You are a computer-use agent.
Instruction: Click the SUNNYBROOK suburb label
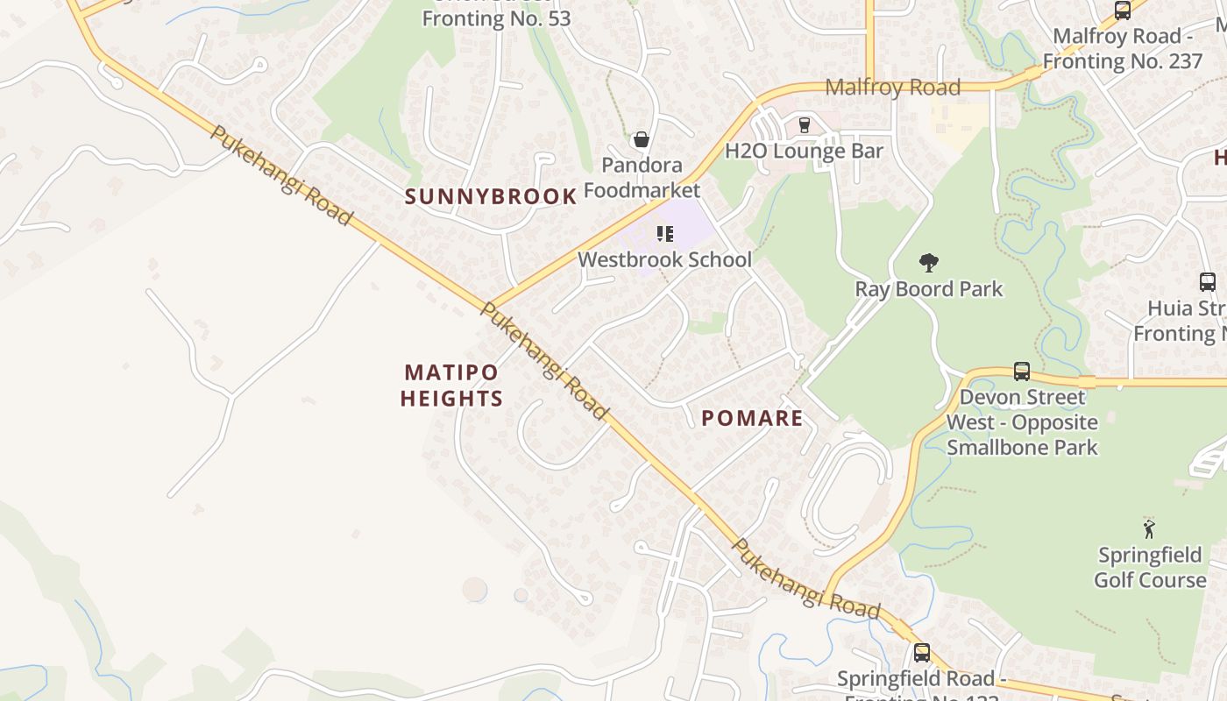(491, 197)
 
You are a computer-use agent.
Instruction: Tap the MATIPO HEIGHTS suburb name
(451, 386)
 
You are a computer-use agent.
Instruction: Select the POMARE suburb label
(752, 418)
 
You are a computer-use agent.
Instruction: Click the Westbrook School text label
(664, 259)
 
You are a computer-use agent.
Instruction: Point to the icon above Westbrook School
(665, 234)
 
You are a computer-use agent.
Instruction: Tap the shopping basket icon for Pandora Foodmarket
(642, 139)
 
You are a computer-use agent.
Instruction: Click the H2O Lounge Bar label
(804, 151)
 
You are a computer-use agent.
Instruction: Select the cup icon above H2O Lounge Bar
(804, 124)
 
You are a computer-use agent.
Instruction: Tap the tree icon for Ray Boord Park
(929, 262)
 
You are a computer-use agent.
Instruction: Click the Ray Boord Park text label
(928, 289)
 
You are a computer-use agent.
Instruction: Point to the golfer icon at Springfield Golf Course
(1149, 528)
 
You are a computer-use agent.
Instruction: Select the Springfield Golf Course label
(1150, 568)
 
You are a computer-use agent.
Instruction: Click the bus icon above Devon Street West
(1022, 371)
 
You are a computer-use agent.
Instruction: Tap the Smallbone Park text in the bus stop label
(1022, 447)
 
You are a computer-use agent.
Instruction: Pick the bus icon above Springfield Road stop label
(921, 652)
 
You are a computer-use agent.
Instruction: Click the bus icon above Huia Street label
(1207, 282)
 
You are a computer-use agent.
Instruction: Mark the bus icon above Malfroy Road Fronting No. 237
(1122, 11)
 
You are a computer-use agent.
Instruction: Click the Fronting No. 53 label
(496, 18)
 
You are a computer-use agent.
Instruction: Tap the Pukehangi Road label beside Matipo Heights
(544, 360)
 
